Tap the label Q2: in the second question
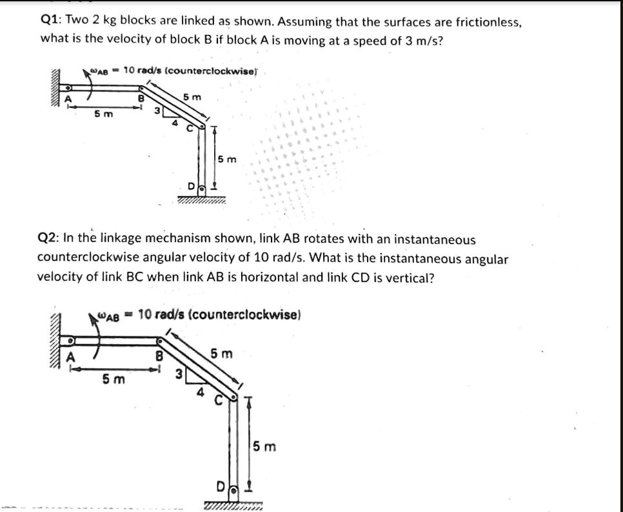coord(49,240)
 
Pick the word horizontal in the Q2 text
coord(331,278)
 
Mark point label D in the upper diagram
coord(190,187)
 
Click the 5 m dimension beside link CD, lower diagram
coord(264,446)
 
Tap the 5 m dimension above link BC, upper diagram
coord(192,97)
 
